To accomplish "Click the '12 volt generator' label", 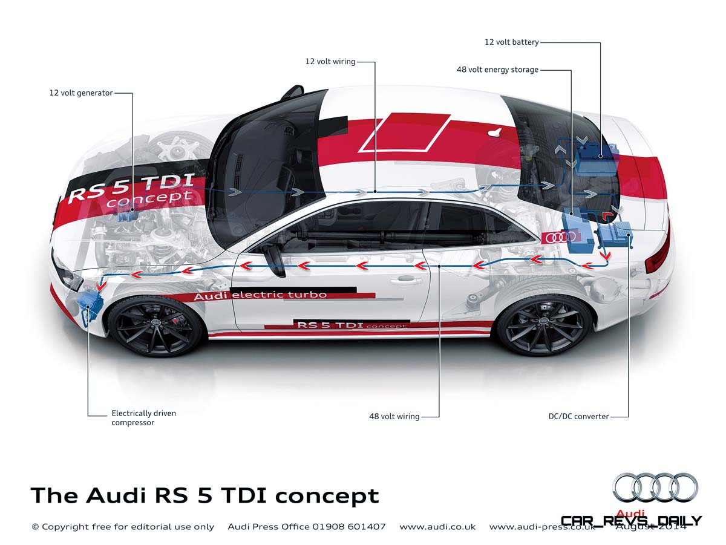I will tap(81, 93).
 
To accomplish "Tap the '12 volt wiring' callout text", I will tap(330, 61).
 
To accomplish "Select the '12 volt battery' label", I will tap(511, 42).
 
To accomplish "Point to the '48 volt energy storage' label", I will tap(497, 70).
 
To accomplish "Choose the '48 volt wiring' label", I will tap(394, 416).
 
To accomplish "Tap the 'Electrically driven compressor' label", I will tap(143, 418).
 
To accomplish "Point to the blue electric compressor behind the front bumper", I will tap(91, 302).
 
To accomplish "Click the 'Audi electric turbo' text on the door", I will tap(260, 296).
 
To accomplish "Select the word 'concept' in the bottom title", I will tap(327, 496).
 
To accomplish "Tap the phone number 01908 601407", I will tap(349, 527).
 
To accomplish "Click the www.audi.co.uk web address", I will tap(437, 527).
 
